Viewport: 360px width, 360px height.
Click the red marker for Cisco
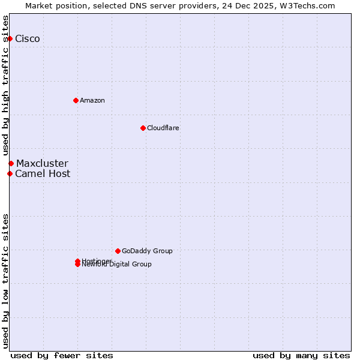(10, 38)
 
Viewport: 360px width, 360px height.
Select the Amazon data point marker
(76, 100)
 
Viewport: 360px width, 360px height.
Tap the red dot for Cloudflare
(143, 128)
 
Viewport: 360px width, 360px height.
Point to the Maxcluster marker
(11, 163)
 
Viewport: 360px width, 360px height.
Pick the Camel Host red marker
(10, 173)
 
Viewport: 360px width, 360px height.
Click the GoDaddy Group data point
(118, 251)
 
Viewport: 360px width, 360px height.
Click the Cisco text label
(28, 39)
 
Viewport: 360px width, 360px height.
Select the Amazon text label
(92, 100)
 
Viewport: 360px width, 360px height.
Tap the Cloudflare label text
(163, 128)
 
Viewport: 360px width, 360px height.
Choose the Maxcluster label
(42, 163)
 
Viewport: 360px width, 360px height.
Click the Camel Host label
(43, 174)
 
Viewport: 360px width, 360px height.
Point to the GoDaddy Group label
(147, 251)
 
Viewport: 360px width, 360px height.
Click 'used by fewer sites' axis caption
(62, 355)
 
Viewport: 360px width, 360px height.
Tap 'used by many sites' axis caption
(301, 355)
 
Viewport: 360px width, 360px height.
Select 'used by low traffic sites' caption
(6, 281)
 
